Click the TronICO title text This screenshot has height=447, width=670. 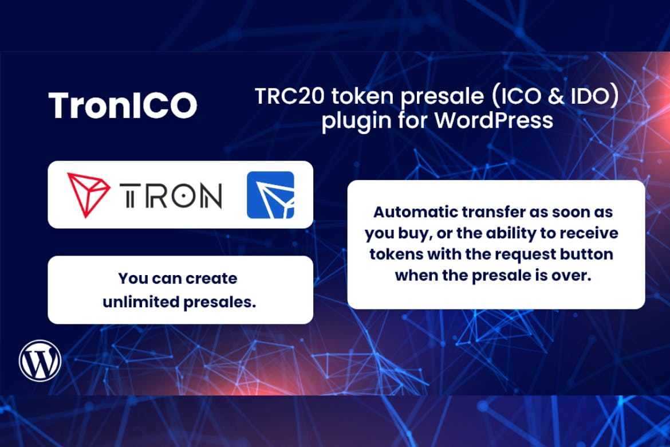pos(123,105)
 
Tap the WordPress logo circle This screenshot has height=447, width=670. pos(40,360)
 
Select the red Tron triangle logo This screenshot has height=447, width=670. pos(89,195)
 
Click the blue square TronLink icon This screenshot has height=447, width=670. pos(270,195)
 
